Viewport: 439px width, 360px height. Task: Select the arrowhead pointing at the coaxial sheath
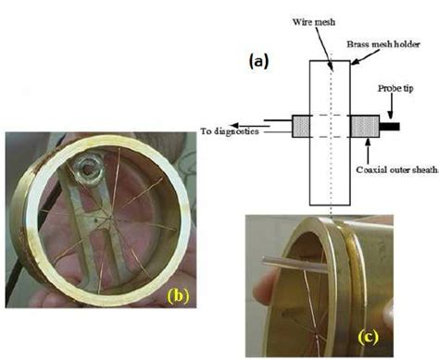pyautogui.click(x=367, y=141)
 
